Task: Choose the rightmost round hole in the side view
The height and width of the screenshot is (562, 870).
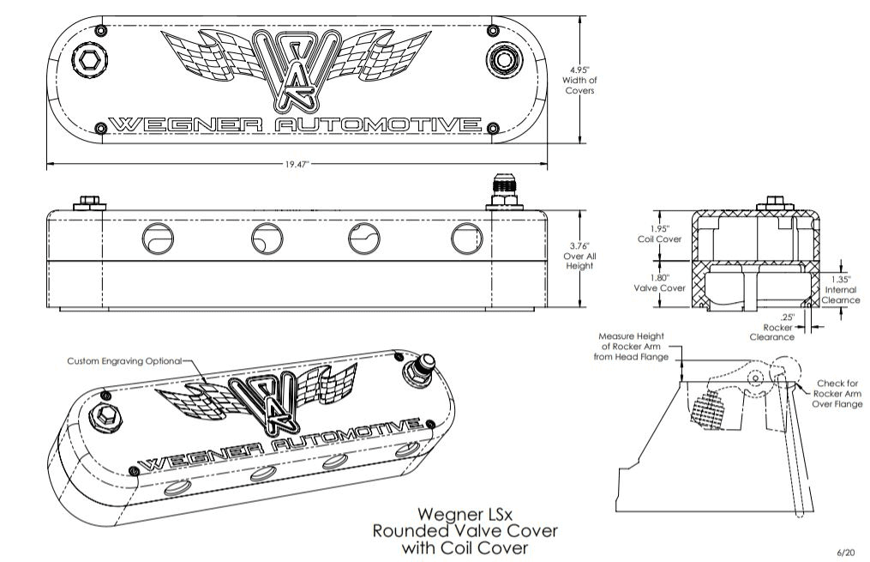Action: click(x=465, y=238)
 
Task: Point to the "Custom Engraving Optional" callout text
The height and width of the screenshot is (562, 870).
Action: click(x=125, y=362)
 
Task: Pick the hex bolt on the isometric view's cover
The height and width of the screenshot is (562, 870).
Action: click(x=109, y=415)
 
